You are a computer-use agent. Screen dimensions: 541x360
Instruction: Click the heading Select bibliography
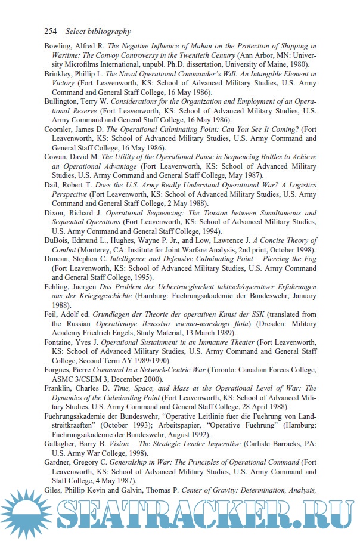click(x=98, y=31)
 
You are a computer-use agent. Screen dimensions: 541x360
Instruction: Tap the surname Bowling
click(x=60, y=46)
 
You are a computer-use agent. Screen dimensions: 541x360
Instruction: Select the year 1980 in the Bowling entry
click(x=297, y=64)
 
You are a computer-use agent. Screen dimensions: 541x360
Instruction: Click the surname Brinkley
click(x=60, y=74)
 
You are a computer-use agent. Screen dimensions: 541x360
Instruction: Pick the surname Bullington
click(x=63, y=102)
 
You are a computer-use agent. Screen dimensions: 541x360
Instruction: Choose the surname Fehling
click(x=60, y=287)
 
